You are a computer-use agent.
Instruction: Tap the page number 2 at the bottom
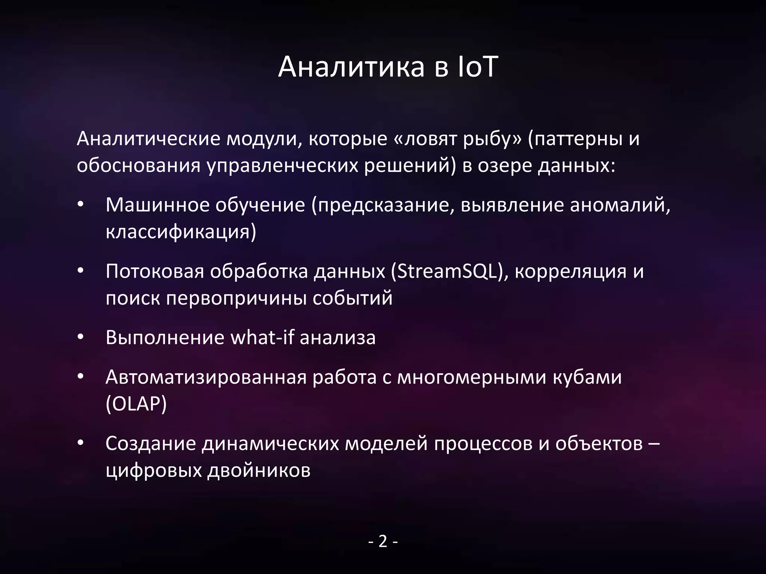click(x=383, y=541)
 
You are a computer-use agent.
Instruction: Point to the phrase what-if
click(x=262, y=338)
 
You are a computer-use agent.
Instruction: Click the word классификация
click(x=178, y=232)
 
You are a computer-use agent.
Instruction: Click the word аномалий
click(x=618, y=206)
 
